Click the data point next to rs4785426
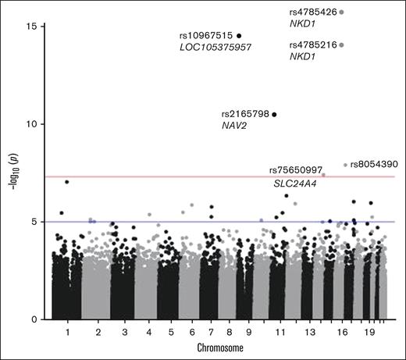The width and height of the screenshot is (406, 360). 342,12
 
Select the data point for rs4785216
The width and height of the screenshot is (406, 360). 342,45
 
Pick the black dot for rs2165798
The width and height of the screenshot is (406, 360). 274,114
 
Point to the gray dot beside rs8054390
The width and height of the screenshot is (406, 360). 345,165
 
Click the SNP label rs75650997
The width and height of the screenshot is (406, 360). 295,170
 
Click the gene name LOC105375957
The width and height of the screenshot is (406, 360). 215,48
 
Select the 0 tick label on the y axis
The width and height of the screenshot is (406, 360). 34,319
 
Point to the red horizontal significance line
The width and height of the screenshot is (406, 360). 156,176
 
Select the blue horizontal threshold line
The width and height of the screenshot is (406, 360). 156,222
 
